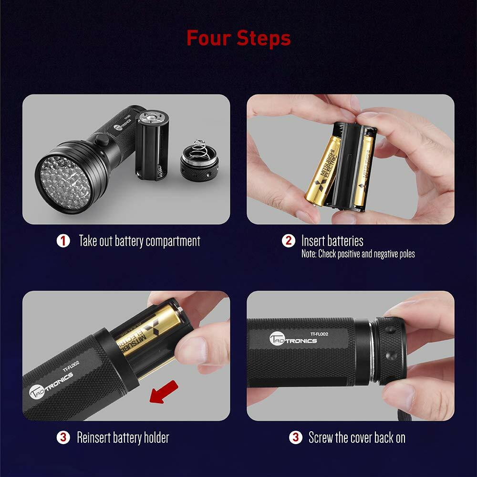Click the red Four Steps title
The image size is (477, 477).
tap(238, 38)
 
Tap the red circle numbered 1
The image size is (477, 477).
tap(63, 241)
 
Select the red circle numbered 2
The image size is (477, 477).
tap(289, 241)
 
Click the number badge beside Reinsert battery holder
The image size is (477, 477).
tap(63, 437)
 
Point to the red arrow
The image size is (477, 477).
tap(164, 391)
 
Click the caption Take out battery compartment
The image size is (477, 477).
tap(139, 241)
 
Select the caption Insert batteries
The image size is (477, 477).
tap(332, 241)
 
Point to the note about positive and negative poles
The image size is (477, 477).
tap(358, 254)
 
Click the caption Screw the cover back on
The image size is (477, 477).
tap(357, 437)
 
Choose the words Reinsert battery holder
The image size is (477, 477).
tap(123, 437)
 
